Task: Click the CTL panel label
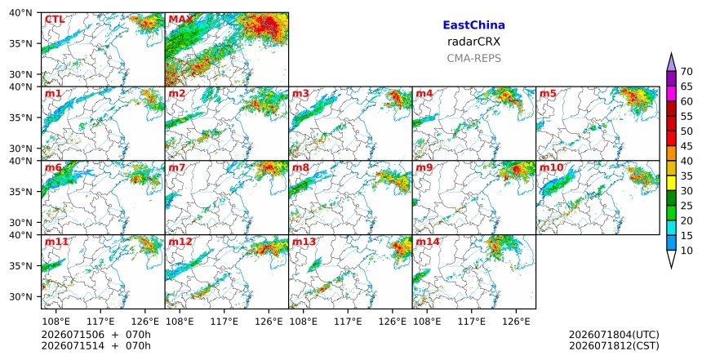pyautogui.click(x=55, y=20)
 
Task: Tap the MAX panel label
pyautogui.click(x=181, y=20)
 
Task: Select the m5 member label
pyautogui.click(x=548, y=94)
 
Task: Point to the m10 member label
pyautogui.click(x=551, y=168)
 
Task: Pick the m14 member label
pyautogui.click(x=428, y=242)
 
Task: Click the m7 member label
pyautogui.click(x=177, y=168)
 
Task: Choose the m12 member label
pyautogui.click(x=180, y=242)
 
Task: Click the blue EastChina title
pyautogui.click(x=473, y=25)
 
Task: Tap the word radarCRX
pyautogui.click(x=473, y=42)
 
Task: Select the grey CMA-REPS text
pyautogui.click(x=473, y=58)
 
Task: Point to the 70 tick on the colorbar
pyautogui.click(x=686, y=72)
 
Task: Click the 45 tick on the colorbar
pyautogui.click(x=686, y=146)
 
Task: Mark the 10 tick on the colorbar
pyautogui.click(x=686, y=251)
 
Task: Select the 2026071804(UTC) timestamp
pyautogui.click(x=614, y=335)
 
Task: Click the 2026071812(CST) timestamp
pyautogui.click(x=614, y=345)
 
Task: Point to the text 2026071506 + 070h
pyautogui.click(x=96, y=335)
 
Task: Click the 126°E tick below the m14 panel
pyautogui.click(x=516, y=321)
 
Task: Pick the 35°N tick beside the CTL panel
pyautogui.click(x=20, y=44)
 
